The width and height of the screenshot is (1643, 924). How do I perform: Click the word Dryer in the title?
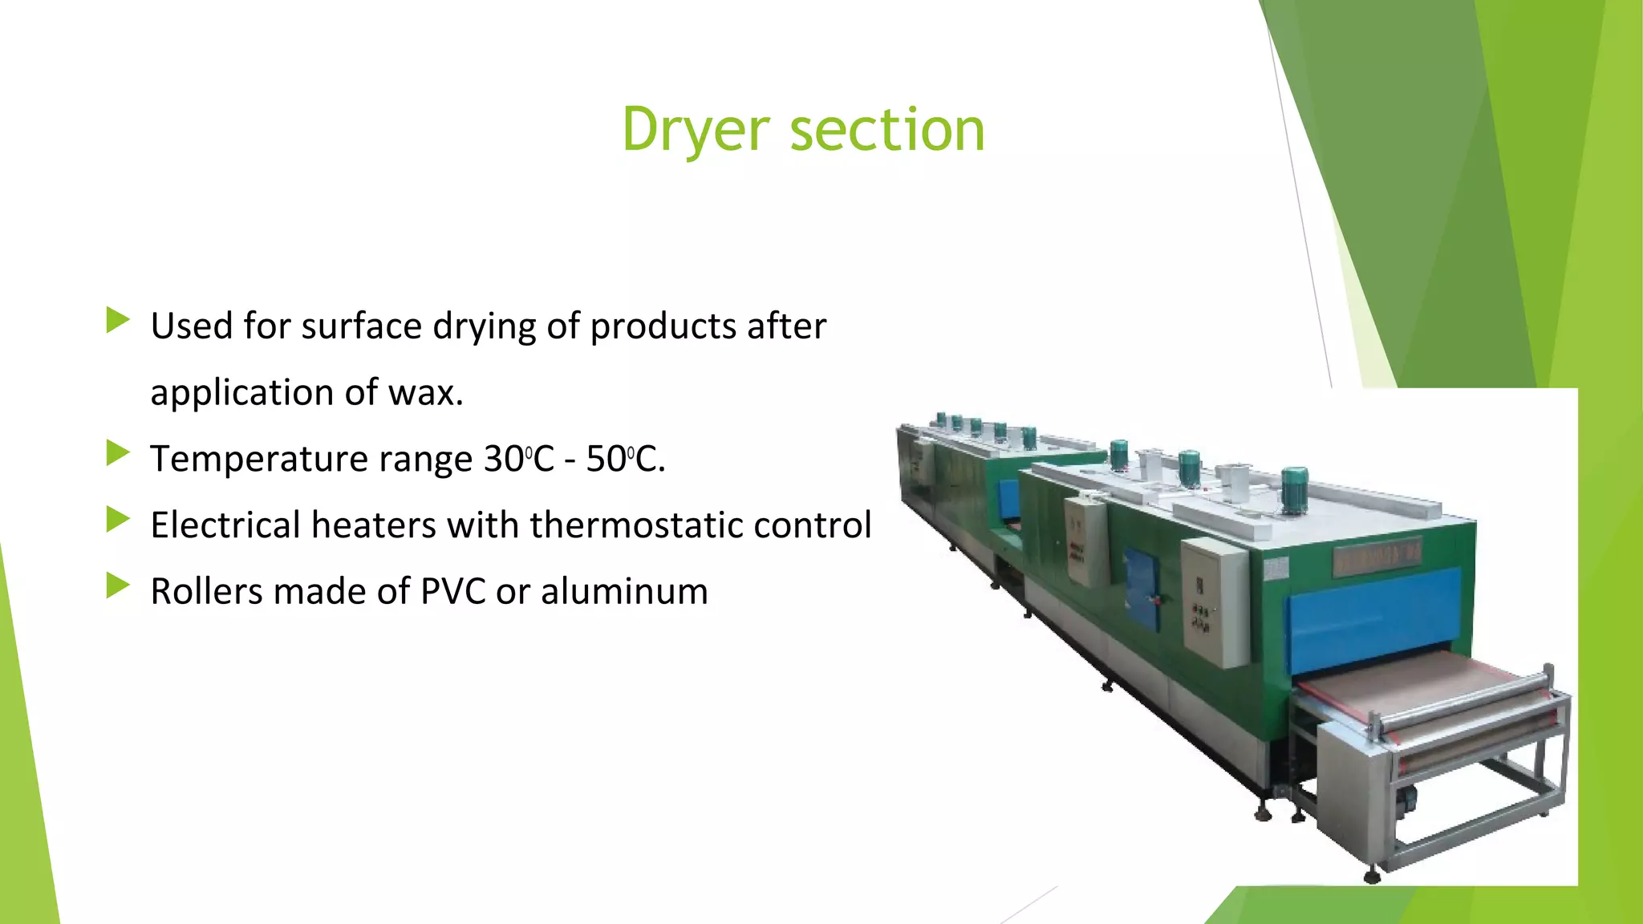pos(696,130)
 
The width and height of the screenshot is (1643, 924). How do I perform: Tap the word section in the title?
pos(887,130)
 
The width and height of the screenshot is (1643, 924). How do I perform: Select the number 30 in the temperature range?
pos(504,459)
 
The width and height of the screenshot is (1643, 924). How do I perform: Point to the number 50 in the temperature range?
pos(606,459)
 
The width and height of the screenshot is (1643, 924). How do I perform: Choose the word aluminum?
pos(624,592)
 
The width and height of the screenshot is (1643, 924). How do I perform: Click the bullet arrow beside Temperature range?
pos(117,454)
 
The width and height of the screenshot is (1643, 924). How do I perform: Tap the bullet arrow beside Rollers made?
pos(117,586)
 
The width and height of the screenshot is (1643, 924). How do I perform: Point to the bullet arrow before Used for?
pos(117,321)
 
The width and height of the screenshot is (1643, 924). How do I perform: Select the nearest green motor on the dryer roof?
pos(1294,488)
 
